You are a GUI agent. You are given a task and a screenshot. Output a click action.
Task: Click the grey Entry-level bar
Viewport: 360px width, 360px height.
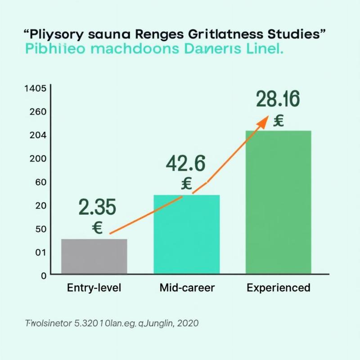(x=94, y=256)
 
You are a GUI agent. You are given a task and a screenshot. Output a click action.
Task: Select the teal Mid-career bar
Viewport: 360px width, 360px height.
(x=187, y=234)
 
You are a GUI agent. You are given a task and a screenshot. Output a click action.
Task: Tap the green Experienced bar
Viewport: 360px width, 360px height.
(x=278, y=202)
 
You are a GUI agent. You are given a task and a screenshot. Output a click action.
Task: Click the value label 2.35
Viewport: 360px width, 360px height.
(x=97, y=207)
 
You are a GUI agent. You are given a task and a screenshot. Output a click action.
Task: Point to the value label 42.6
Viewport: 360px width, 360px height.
(x=185, y=164)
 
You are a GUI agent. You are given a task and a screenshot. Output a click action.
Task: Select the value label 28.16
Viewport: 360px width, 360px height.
(x=278, y=99)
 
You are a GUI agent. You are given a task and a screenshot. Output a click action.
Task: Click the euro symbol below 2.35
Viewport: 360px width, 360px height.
(x=97, y=228)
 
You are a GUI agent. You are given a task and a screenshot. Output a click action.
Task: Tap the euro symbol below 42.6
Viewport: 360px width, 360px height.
(x=186, y=183)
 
